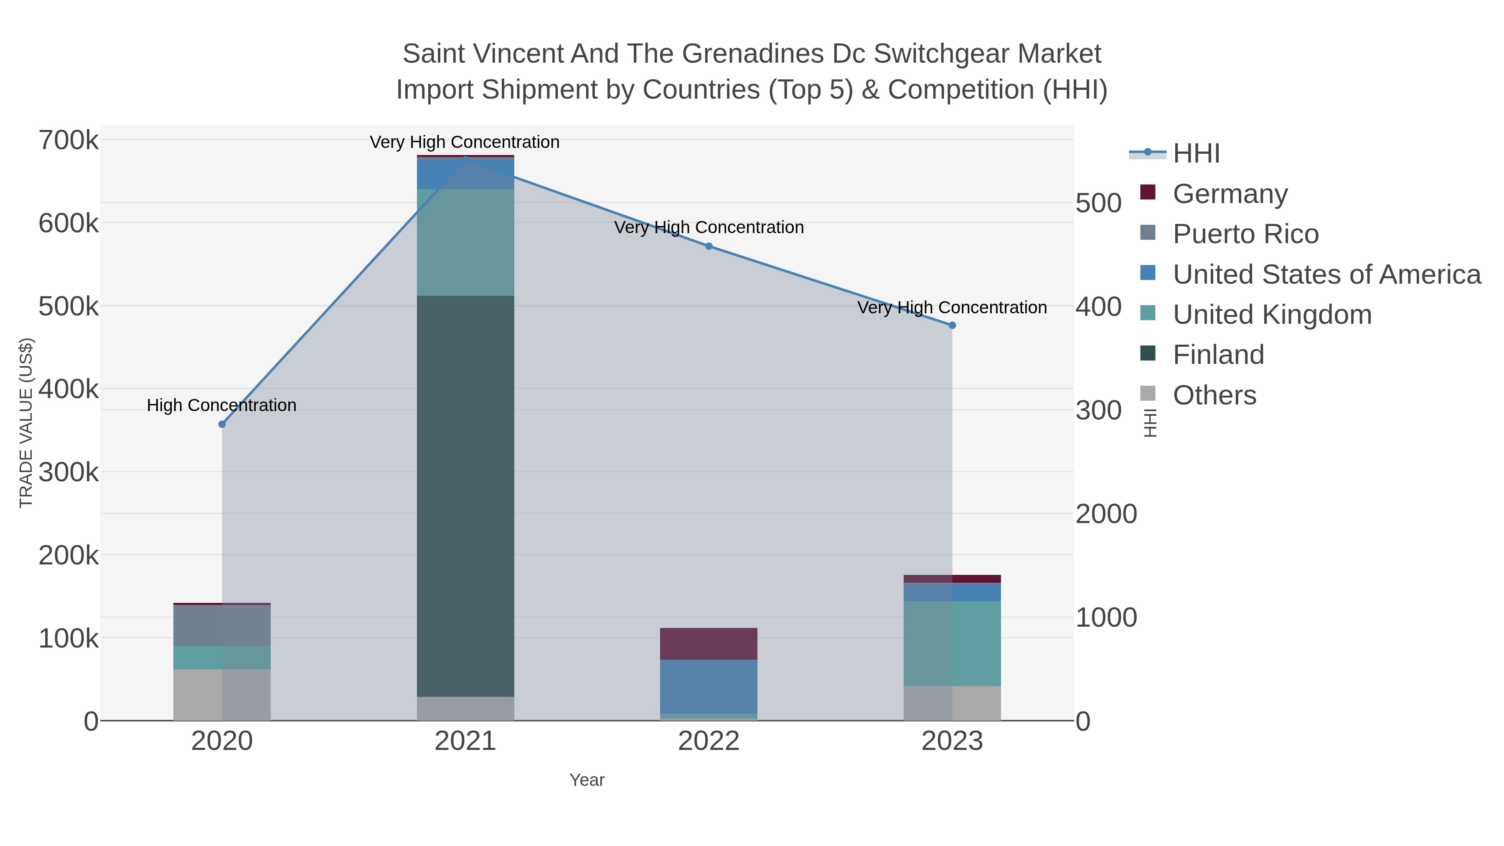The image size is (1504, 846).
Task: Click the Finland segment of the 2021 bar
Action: tap(465, 496)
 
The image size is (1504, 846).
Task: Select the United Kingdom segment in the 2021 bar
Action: tap(465, 242)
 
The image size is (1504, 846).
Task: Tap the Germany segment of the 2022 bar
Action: tap(708, 643)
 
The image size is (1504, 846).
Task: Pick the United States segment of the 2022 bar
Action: tap(708, 686)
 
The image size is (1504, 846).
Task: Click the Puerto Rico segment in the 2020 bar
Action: tap(222, 625)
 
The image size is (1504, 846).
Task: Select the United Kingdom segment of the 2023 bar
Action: tap(952, 643)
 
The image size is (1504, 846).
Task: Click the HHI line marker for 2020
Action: tap(222, 424)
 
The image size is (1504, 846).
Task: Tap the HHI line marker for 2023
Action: tap(952, 325)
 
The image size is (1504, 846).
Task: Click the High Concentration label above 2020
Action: tap(222, 405)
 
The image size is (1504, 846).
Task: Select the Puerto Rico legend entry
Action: tap(1245, 234)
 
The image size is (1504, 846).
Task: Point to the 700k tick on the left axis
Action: tap(69, 141)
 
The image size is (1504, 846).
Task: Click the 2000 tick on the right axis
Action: tap(1106, 514)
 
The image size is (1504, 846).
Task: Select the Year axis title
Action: tap(587, 780)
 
